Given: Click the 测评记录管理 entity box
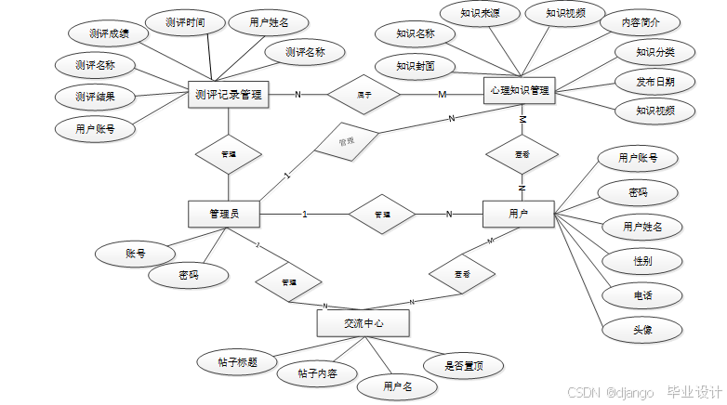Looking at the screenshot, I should [x=228, y=94].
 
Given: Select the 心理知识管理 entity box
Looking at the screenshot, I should [x=519, y=91].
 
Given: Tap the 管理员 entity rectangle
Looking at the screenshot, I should [x=223, y=215].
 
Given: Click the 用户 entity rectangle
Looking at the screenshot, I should [x=518, y=215].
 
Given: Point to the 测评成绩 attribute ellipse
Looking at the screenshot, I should [x=109, y=33].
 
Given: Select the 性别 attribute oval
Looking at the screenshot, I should [x=642, y=261].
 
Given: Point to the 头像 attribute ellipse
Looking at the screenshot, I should [x=642, y=329].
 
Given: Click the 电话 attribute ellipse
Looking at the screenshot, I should [x=642, y=295].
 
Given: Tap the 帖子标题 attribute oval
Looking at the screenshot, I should [x=238, y=362].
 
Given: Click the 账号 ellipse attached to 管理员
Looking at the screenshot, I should [x=135, y=253].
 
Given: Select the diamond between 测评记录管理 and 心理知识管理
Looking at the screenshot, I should [x=364, y=94].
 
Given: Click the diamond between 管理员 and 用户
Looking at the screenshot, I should [x=382, y=215].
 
